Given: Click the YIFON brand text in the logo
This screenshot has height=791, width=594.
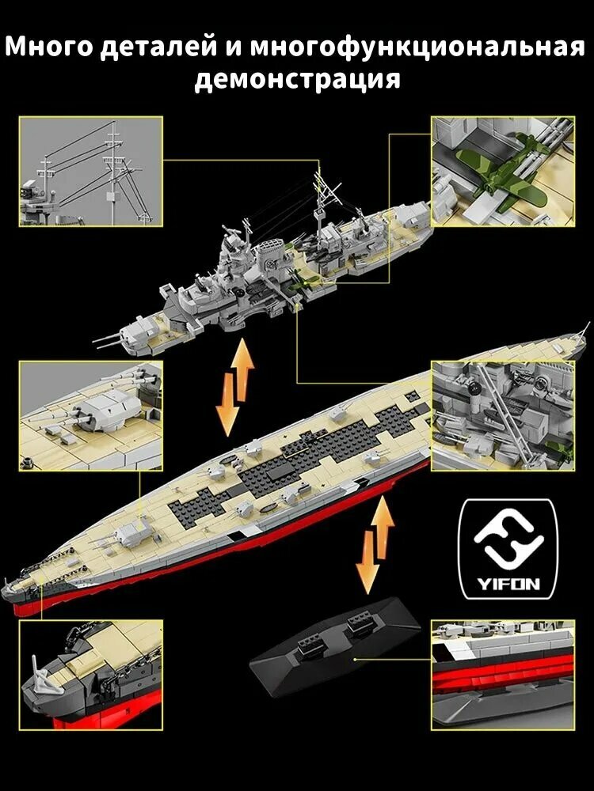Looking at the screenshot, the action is coord(508,585).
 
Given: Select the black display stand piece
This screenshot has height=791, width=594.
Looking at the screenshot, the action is coord(335,638).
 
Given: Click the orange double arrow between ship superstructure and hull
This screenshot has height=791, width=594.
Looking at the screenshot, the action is coord(235,388).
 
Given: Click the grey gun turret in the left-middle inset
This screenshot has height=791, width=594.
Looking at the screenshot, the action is coord(104,411).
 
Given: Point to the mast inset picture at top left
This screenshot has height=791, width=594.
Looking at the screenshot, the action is coord(91,172).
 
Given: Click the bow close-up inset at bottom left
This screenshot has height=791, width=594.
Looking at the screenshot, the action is coord(91,675).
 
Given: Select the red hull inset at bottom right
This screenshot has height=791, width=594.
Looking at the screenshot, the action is coord(503,675).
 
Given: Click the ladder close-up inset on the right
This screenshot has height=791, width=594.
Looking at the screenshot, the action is coord(503,416).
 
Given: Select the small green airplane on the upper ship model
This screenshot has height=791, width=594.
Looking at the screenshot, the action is coord(297,279).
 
